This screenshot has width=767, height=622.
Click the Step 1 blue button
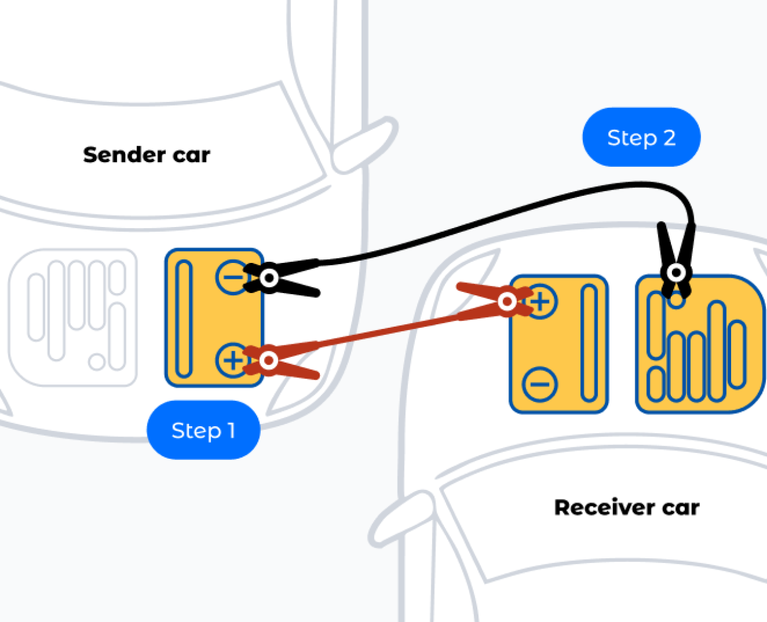click(x=203, y=430)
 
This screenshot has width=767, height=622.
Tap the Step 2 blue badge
click(x=641, y=137)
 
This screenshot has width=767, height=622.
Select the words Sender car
click(x=146, y=154)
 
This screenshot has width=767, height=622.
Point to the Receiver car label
click(x=627, y=507)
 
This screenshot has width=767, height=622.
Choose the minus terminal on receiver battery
click(x=540, y=384)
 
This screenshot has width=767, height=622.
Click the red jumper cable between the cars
click(x=389, y=330)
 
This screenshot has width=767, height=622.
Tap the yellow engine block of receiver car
click(x=699, y=345)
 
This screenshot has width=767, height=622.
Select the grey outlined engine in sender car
click(x=73, y=317)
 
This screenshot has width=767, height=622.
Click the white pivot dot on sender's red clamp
click(x=268, y=360)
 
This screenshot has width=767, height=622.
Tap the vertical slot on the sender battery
click(x=184, y=318)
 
